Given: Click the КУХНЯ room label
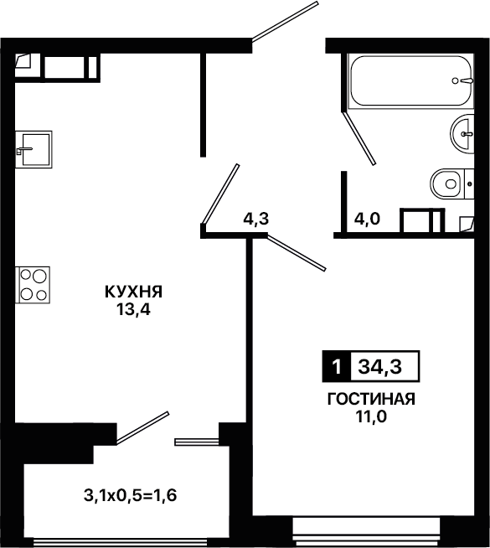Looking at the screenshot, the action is (x=133, y=292).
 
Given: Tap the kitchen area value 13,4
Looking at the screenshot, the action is (x=133, y=309).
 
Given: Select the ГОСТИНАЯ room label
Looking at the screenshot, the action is (x=371, y=399).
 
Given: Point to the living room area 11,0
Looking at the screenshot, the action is (x=371, y=416).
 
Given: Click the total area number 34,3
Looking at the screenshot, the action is (x=380, y=367).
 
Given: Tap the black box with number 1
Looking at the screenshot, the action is (x=337, y=366).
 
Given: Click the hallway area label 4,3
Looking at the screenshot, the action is (x=256, y=220).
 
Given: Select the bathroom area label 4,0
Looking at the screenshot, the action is (x=367, y=220).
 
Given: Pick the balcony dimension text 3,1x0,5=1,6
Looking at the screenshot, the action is (x=131, y=495).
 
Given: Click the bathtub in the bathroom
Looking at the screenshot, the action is (x=411, y=80).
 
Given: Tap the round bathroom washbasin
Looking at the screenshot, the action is (x=462, y=134).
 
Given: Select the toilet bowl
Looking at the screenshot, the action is (x=452, y=184).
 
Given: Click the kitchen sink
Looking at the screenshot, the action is (x=34, y=149).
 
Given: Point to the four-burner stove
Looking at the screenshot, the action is (x=33, y=285).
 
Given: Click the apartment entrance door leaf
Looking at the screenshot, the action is (x=285, y=22).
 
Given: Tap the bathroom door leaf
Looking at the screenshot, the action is (x=359, y=138).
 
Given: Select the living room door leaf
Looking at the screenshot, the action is (x=297, y=253).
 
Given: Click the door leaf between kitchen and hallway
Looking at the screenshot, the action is (x=220, y=194).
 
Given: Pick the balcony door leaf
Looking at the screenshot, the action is (x=142, y=428).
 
